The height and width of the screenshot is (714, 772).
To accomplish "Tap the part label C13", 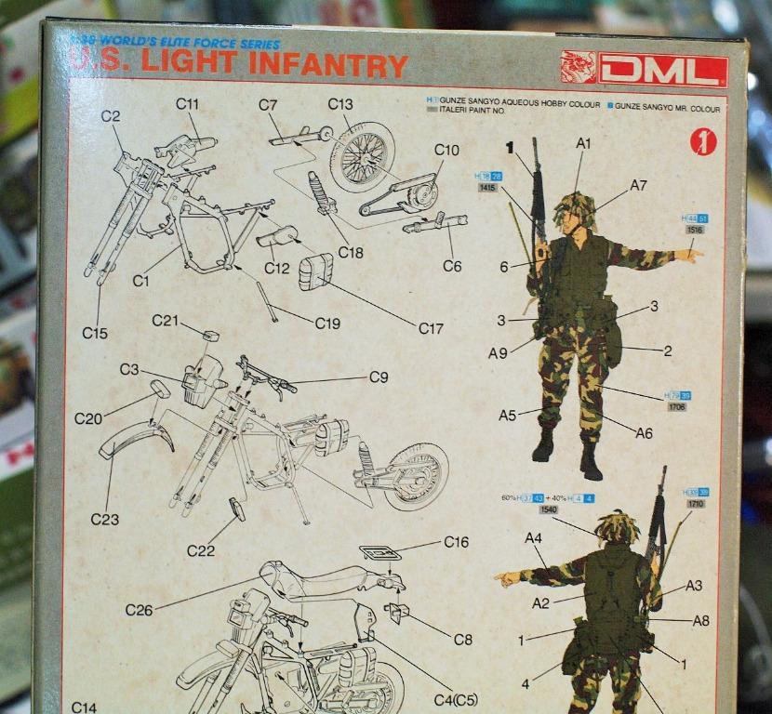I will coord(340,104).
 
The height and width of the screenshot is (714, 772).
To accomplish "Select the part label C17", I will coord(431,328).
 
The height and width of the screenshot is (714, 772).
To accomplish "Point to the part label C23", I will coord(104,520).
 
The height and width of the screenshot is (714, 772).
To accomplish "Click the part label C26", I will coord(139,610).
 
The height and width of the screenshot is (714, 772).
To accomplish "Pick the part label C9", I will coord(379,377).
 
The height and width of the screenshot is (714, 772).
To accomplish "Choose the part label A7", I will coord(638,185).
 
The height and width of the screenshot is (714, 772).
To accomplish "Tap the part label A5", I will coord(507,416).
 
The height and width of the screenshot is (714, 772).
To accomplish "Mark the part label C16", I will coord(456,542).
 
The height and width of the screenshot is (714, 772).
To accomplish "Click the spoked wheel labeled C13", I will coord(361,156).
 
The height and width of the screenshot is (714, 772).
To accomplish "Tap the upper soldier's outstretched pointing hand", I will coord(689,253).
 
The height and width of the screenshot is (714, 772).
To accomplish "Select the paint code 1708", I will coord(676,407).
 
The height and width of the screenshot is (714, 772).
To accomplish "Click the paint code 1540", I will coord(549,509).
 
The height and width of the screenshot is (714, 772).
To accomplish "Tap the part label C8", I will coord(462,640).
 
